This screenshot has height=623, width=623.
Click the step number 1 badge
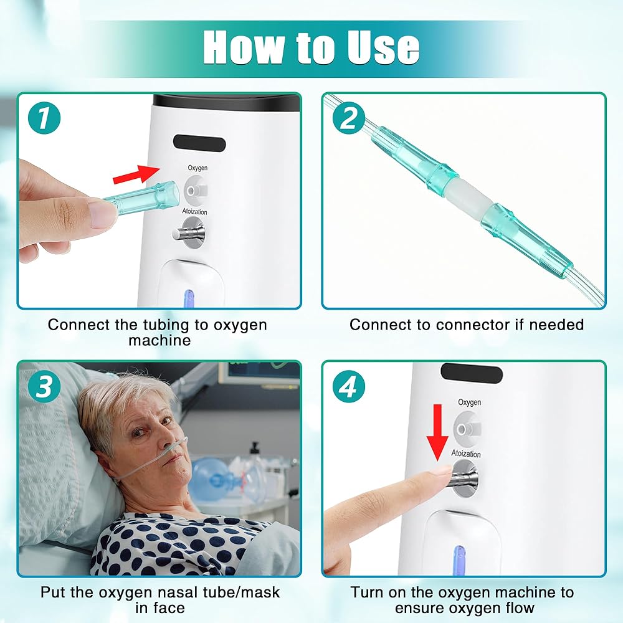44,118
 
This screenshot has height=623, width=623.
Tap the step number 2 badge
349,118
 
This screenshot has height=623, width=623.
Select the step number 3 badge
44,386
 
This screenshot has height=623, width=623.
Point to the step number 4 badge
349,386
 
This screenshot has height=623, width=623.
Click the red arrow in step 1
136,174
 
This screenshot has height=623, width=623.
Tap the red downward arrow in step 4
437,432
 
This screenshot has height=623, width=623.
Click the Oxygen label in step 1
197,168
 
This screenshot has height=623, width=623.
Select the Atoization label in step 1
194,211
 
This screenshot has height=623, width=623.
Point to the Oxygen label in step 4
469,402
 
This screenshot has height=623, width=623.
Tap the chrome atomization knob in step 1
189,233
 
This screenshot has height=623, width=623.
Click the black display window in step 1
199,143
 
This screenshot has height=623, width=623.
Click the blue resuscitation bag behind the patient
211,478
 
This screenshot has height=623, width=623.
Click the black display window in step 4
472,373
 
